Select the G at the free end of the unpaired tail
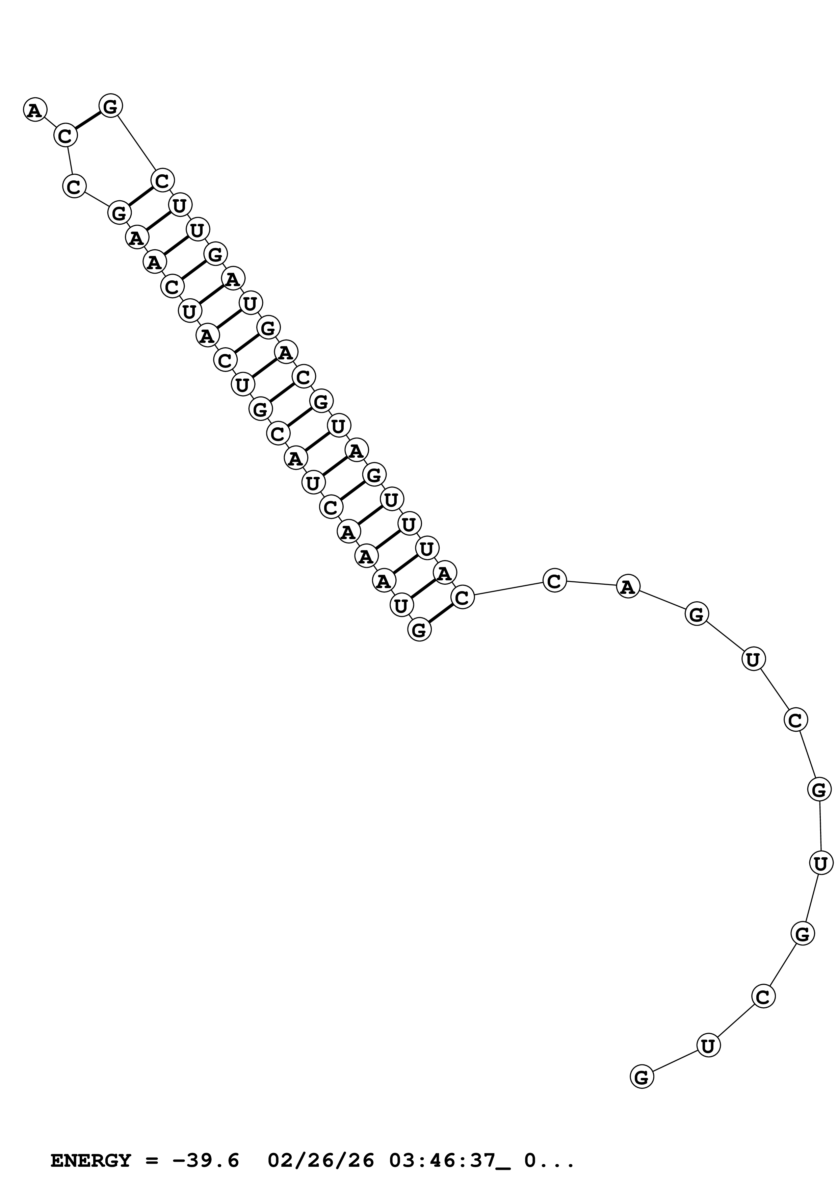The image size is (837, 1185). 642,1077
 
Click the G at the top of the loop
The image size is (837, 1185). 111,106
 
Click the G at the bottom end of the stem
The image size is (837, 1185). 419,630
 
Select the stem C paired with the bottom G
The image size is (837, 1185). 462,597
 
